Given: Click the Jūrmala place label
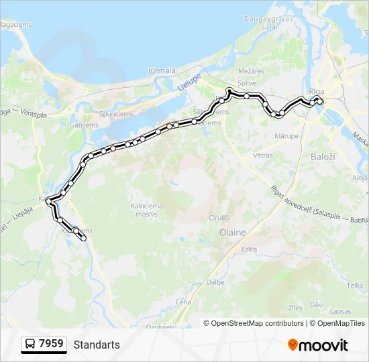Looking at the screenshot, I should coord(161,70).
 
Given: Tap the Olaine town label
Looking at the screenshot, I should coord(233,233).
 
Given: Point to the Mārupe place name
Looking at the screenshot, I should coord(286,136).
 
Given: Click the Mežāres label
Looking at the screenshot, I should coord(248,70).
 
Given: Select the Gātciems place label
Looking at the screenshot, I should coord(84,125).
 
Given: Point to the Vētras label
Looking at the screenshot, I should coord(262,155).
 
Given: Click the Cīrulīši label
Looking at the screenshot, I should coord(219,218).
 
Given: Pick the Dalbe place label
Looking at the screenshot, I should coord(215,282).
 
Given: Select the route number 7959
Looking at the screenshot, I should coord(52,344).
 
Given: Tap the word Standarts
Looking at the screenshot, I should coord(97,345).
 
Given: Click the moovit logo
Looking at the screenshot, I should coord(318,345).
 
